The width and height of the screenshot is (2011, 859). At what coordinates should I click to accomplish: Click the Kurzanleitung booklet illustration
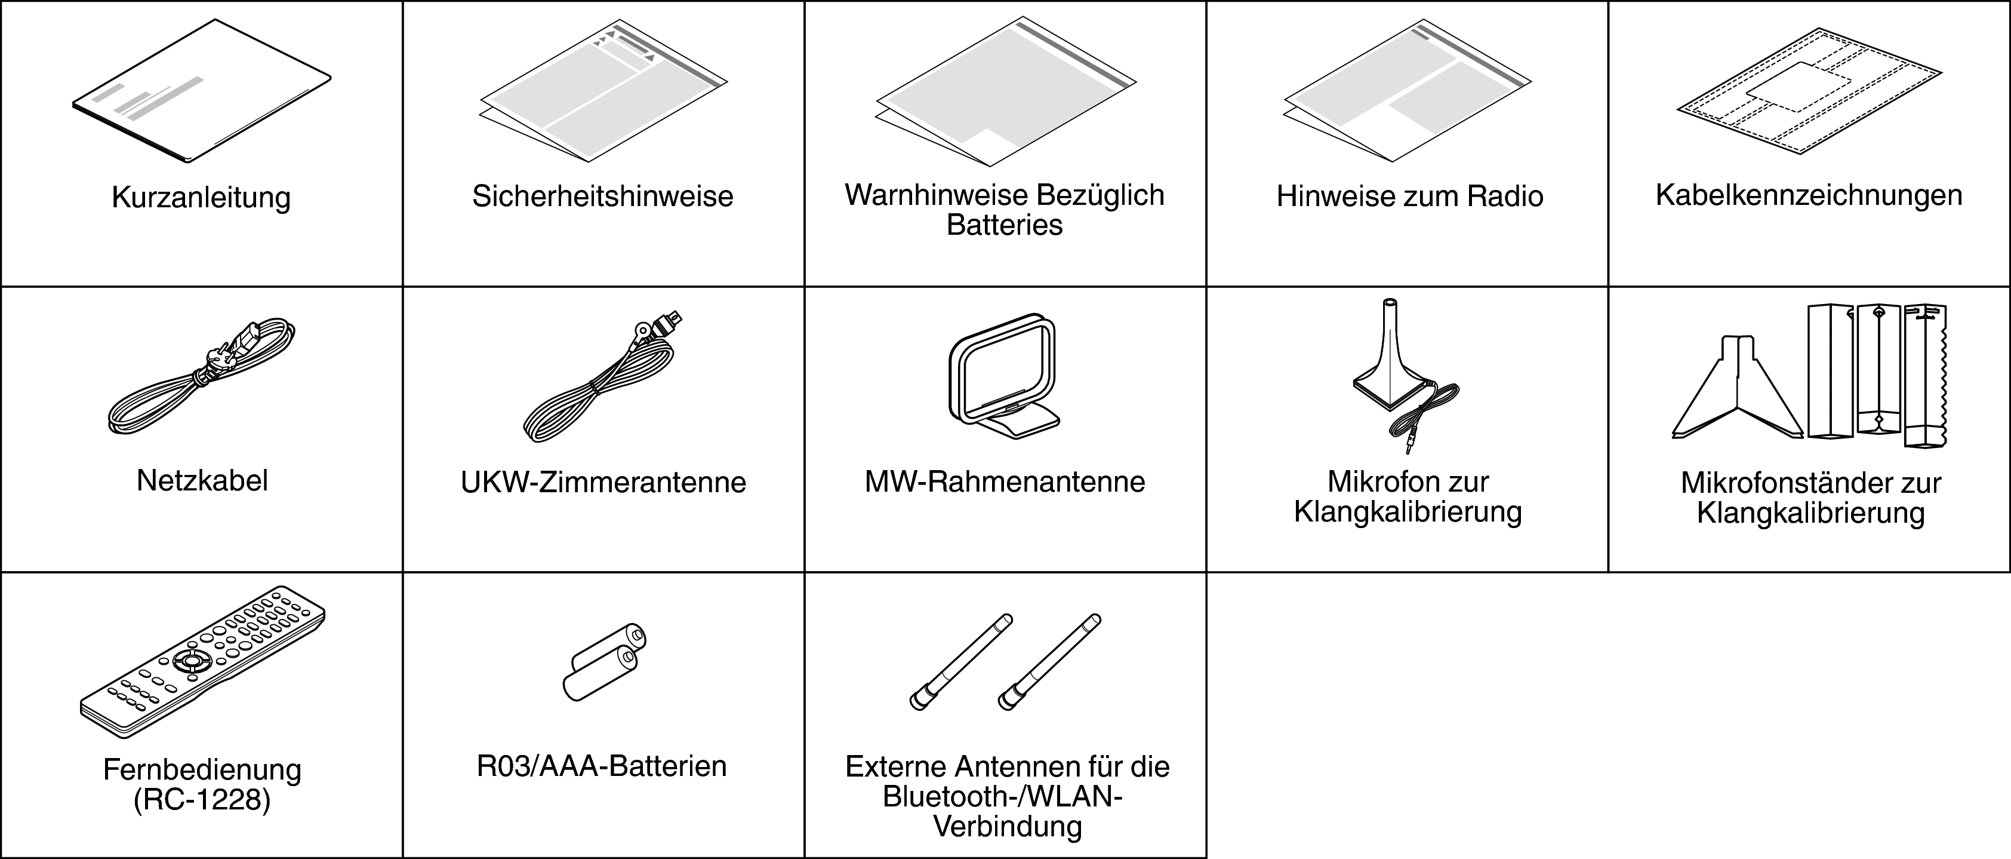pos(201,91)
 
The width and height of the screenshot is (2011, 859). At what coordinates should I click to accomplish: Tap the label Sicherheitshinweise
pos(603,196)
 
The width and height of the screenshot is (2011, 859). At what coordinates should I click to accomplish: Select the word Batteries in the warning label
pos(1005,225)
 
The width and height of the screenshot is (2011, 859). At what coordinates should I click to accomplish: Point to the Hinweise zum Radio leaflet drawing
pos(1408,91)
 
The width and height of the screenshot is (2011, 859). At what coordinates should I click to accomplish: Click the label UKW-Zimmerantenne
pos(603,482)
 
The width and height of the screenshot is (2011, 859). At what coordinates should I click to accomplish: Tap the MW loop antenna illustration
pos(1005,376)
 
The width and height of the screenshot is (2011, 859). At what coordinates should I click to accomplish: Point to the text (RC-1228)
pos(202,800)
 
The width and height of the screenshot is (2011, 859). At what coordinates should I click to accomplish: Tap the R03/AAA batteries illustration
pos(604,661)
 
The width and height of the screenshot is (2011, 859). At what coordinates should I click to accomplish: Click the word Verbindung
pos(1008,827)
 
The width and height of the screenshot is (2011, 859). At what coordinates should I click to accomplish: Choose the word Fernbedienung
pos(202,770)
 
